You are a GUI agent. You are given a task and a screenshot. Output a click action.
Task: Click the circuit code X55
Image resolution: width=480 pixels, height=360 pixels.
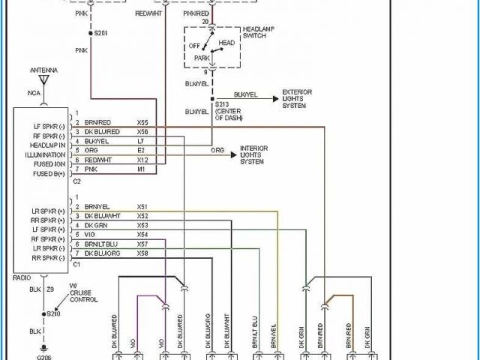(142, 121)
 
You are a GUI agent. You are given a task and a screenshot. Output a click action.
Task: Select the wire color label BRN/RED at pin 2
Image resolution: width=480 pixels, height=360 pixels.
(97, 121)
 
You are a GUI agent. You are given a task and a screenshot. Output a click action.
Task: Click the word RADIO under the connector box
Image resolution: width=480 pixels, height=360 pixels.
(22, 277)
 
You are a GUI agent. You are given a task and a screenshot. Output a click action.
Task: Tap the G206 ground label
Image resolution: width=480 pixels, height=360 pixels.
(44, 357)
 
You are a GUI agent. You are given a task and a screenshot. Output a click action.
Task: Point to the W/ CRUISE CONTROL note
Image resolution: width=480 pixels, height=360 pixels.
(82, 292)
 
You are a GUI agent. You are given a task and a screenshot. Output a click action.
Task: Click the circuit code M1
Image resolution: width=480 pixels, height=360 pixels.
(141, 169)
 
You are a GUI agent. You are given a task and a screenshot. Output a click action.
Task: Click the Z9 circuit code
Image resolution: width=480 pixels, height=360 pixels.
(51, 289)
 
